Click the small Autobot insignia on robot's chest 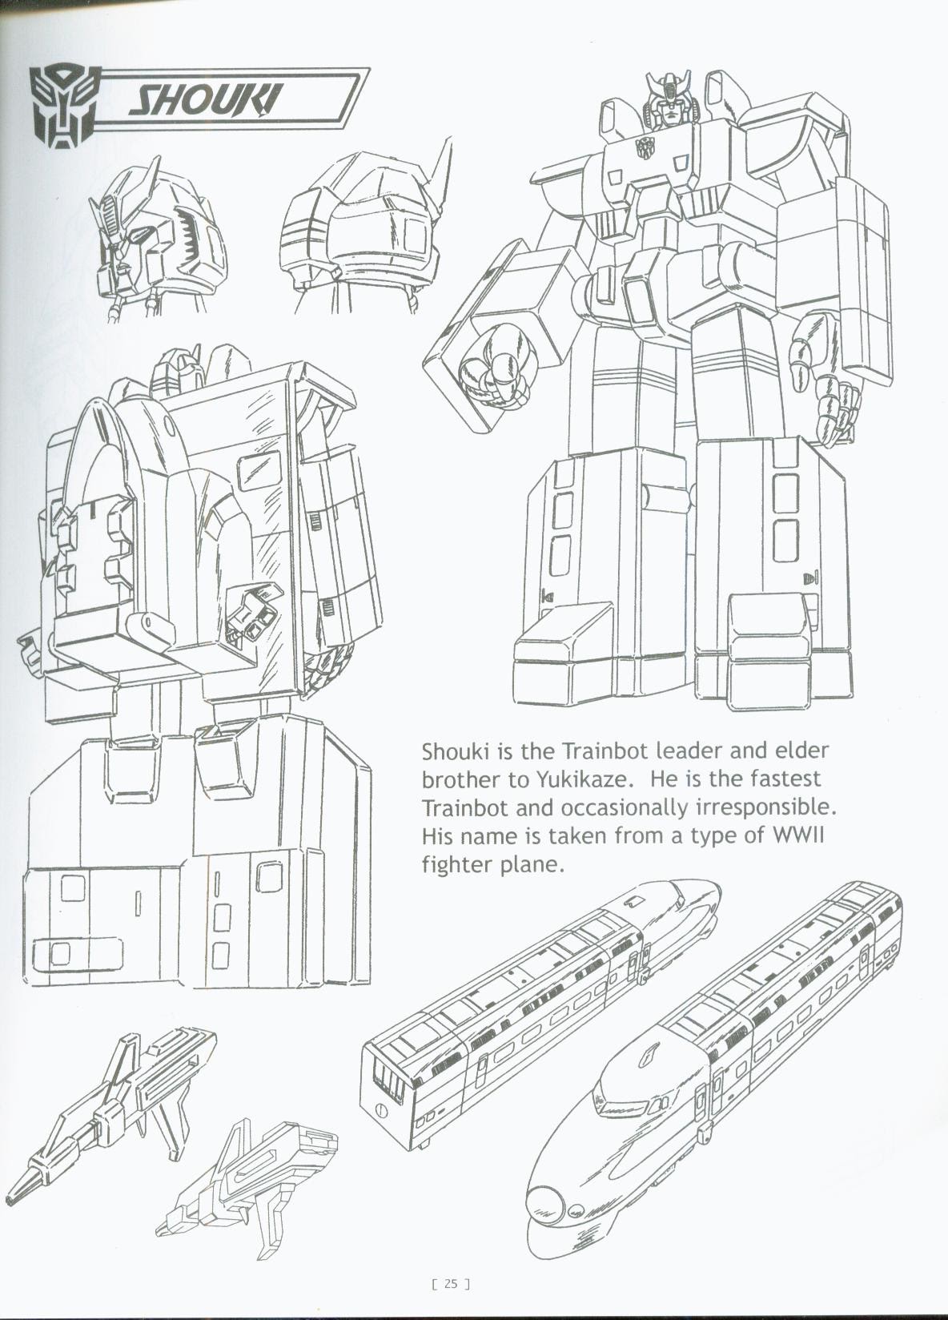643,147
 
